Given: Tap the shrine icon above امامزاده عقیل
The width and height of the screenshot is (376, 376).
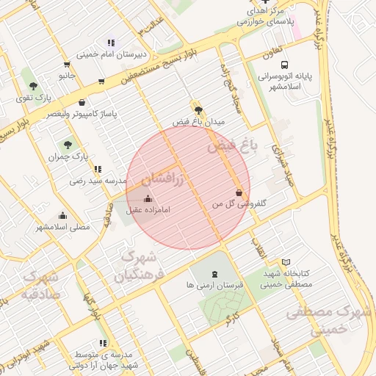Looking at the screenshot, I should click(148, 198).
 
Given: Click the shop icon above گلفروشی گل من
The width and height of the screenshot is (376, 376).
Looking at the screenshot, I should click(239, 192).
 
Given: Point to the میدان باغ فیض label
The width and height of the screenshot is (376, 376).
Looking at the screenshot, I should click(198, 120).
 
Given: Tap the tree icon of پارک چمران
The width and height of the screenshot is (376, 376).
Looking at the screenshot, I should click(68, 145).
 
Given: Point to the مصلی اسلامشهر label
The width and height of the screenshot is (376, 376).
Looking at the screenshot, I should click(63, 227).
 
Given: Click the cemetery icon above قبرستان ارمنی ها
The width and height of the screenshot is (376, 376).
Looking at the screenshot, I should click(215, 273).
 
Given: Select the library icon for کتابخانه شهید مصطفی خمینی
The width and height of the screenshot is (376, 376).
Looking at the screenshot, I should click(286, 262).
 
